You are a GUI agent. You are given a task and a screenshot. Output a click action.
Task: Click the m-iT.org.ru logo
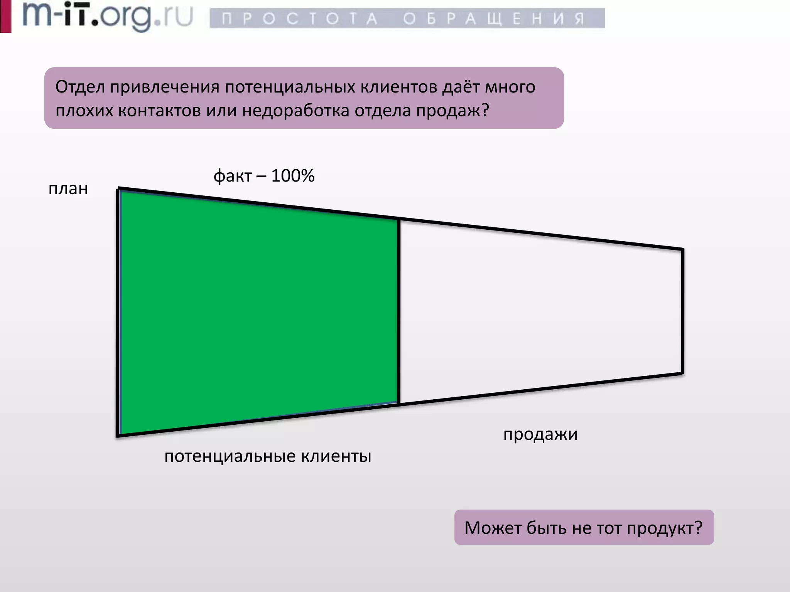tap(107, 16)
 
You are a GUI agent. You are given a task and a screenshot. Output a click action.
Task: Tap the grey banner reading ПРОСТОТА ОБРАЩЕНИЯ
tap(407, 18)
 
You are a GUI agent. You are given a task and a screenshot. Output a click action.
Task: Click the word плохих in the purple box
tap(84, 111)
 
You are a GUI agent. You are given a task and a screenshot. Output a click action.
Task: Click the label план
tap(68, 189)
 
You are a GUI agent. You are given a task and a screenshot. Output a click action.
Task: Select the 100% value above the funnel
tap(293, 176)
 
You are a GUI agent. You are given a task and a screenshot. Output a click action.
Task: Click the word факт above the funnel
tap(233, 176)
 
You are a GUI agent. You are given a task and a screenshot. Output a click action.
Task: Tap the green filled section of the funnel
tap(258, 312)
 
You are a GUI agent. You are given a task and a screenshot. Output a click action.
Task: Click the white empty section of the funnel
tap(540, 312)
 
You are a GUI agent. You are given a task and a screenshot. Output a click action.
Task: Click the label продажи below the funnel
tap(540, 434)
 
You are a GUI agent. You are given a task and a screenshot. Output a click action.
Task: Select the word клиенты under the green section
tap(336, 456)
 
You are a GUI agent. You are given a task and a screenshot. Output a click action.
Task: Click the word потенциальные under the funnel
tap(230, 457)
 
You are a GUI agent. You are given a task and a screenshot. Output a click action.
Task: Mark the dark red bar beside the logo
tap(5, 16)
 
